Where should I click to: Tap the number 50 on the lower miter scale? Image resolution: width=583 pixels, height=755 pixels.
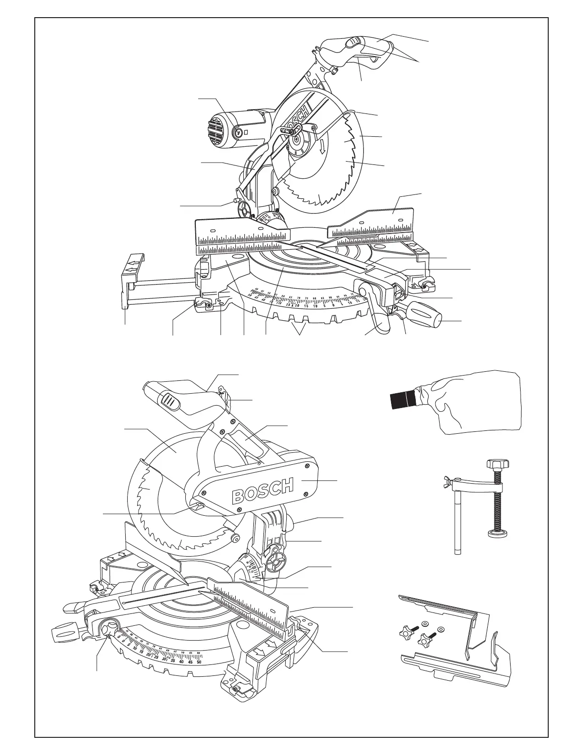click(199, 662)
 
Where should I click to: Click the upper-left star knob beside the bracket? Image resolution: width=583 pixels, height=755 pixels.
click(404, 633)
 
